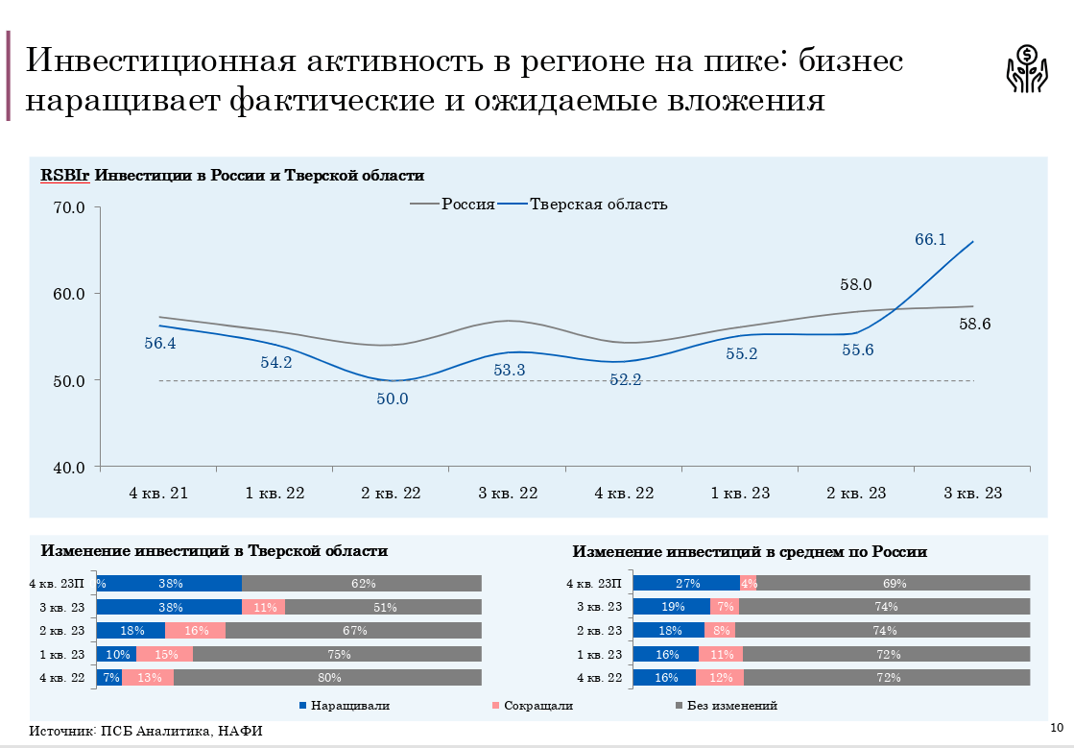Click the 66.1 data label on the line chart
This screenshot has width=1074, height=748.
click(x=930, y=240)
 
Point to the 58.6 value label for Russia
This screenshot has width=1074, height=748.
click(x=974, y=325)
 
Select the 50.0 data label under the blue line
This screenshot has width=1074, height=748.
click(x=392, y=398)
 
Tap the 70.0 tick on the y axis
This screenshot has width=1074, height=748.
click(x=68, y=207)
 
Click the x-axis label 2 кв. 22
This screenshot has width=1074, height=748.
click(x=392, y=494)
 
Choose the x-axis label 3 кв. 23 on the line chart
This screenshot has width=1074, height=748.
click(x=972, y=494)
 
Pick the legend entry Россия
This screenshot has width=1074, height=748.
click(x=467, y=205)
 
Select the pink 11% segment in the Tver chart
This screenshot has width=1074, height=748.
click(x=264, y=607)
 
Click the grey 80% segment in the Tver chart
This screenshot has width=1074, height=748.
click(x=327, y=678)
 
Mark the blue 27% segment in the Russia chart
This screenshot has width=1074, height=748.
click(x=686, y=583)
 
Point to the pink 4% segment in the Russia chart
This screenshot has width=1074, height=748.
click(x=748, y=583)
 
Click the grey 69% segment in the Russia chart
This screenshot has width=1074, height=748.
click(x=893, y=583)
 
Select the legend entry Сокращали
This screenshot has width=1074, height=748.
click(x=538, y=706)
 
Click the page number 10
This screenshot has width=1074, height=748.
click(x=1057, y=726)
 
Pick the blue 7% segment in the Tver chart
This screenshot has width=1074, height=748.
click(x=109, y=678)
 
